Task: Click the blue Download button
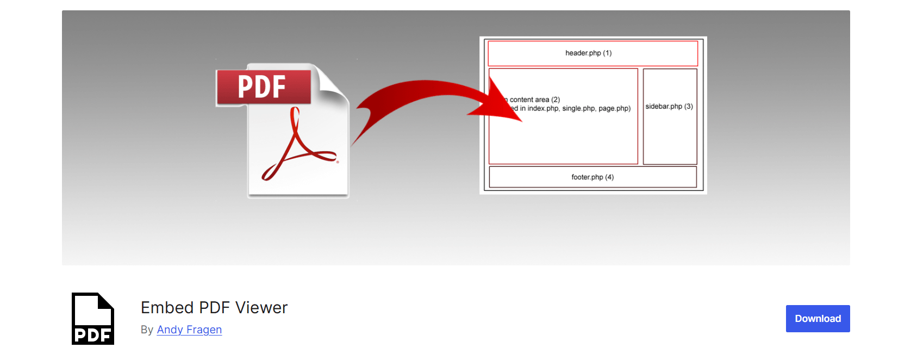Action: pos(818,319)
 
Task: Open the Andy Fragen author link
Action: pos(189,330)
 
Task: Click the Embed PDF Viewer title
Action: pos(214,308)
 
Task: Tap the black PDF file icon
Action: pos(93,319)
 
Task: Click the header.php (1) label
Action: pos(588,53)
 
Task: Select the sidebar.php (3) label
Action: pos(669,107)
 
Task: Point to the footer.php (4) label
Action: pos(592,177)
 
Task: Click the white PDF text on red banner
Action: pos(262,87)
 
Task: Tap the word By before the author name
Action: pos(147,330)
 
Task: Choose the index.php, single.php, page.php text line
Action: pos(571,109)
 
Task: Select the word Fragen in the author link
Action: pos(204,330)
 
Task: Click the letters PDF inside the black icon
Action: pos(93,335)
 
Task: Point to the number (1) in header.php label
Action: pos(607,53)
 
